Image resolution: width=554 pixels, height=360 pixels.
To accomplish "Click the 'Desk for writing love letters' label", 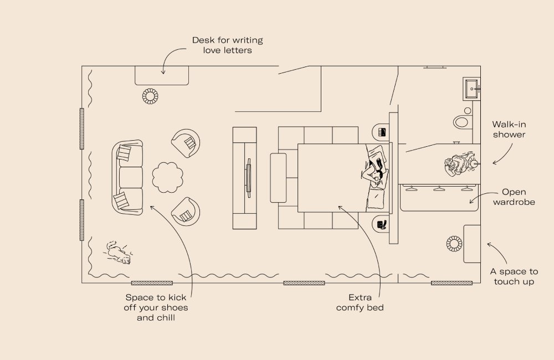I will click(x=227, y=45).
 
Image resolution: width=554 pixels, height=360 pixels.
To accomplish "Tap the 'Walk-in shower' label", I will click(x=509, y=130).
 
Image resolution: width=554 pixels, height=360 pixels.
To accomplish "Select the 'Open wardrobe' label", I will click(x=514, y=197).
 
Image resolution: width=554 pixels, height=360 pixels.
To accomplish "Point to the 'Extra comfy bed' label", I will click(x=360, y=302).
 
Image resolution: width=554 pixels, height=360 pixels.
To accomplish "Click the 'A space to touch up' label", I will click(x=514, y=276).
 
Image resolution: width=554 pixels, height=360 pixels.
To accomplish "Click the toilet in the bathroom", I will click(x=461, y=121).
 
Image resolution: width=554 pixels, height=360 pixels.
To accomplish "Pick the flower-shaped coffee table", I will click(x=167, y=178).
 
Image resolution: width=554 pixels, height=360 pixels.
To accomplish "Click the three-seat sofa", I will click(x=128, y=177).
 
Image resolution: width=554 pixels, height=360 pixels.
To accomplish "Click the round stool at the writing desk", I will click(x=150, y=96).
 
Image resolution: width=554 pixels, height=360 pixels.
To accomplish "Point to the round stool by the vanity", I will click(x=454, y=243).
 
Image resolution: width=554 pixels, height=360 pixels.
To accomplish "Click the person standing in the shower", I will click(x=457, y=164).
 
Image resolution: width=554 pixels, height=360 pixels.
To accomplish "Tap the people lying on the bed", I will click(x=375, y=169).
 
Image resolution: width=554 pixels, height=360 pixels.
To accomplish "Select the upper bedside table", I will click(x=382, y=132).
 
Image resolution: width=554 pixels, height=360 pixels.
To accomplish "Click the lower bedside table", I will click(x=382, y=224).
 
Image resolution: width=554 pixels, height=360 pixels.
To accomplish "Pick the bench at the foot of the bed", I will click(x=278, y=178).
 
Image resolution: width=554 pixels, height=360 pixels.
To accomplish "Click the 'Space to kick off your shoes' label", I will click(x=156, y=307).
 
